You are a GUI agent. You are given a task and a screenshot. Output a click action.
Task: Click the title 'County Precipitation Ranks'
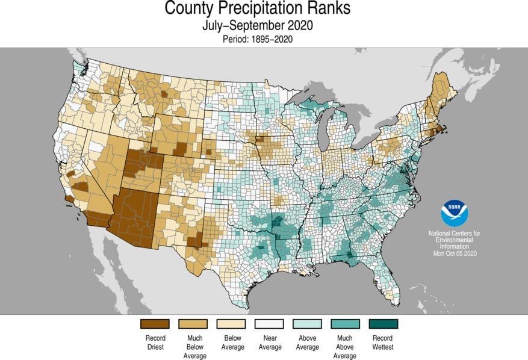coord(257,10)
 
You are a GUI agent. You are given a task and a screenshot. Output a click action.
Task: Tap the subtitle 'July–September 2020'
coord(257,26)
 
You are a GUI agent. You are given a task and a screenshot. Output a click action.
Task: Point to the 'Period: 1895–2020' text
coord(257,39)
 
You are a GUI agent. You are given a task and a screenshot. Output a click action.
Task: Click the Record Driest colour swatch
coord(155,324)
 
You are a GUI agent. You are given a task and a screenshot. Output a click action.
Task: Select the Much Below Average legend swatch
coord(193,324)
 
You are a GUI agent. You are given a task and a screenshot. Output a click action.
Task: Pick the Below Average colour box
coord(232,324)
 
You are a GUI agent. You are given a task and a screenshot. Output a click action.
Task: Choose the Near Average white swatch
coord(269,324)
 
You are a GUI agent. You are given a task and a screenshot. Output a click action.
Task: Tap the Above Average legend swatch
coord(307,324)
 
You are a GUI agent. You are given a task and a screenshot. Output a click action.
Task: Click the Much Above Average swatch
coord(345,324)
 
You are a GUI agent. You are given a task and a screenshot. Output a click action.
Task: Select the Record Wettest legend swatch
coord(383,324)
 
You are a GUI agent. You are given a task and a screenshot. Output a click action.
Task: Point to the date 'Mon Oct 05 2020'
coord(455,253)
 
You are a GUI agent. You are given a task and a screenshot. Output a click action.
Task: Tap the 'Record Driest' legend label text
coord(155,343)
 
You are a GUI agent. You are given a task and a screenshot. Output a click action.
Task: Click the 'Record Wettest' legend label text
coord(383,343)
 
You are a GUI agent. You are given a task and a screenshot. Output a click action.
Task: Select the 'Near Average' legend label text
coord(269,343)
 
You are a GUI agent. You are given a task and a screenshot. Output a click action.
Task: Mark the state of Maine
coord(442,90)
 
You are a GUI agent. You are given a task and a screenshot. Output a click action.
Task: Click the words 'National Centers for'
coord(455,233)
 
